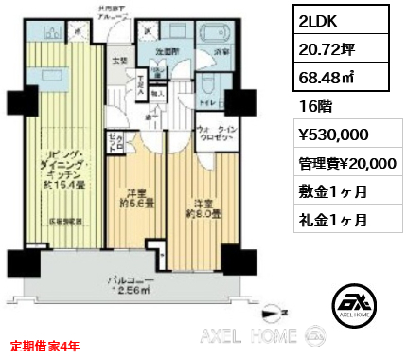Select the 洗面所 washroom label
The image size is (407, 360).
(168, 51)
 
